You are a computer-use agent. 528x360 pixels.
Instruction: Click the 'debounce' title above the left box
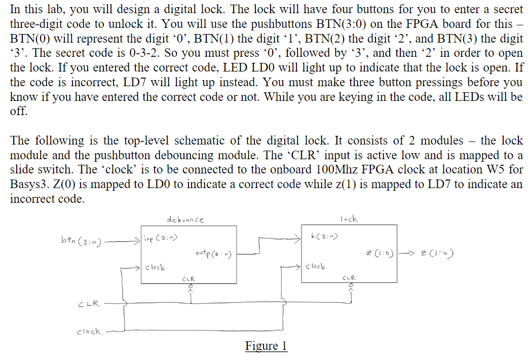[185, 220]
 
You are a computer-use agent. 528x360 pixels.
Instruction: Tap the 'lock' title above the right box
[349, 219]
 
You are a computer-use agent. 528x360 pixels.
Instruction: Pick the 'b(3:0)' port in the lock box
[324, 236]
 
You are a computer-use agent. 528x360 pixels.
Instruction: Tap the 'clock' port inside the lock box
[317, 266]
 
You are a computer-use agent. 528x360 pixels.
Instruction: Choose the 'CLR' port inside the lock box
[349, 278]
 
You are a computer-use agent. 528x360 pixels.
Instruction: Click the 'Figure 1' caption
[266, 346]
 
